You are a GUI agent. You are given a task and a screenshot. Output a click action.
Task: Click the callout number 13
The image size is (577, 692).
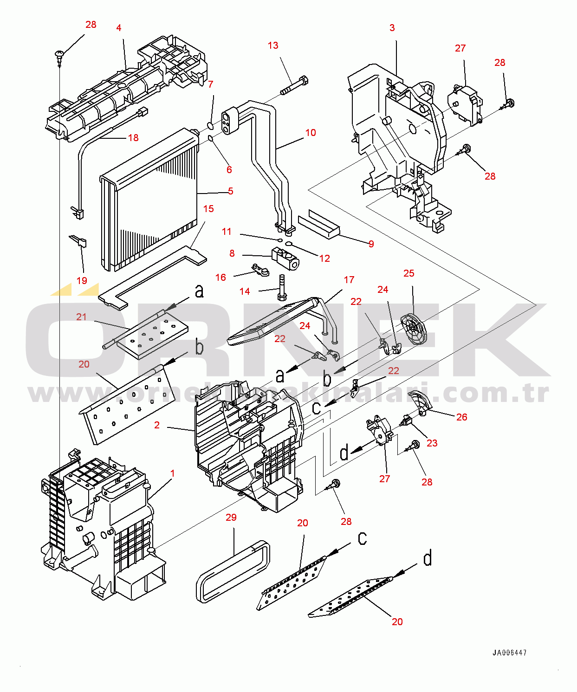pos(273,45)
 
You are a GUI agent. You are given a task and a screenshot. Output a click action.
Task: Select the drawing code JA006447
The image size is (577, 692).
pos(509,653)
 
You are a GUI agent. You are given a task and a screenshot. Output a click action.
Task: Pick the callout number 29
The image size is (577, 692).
pos(231,517)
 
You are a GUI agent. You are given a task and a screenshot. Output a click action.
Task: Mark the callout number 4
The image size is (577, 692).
pos(119,28)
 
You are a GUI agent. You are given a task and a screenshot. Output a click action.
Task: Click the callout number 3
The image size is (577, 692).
pos(392,28)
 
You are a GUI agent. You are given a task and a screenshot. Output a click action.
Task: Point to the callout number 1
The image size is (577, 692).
pos(173,473)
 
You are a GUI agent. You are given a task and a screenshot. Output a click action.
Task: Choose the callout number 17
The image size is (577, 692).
pos(349,280)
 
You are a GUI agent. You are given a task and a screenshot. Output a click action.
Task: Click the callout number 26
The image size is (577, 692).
pos(462,417)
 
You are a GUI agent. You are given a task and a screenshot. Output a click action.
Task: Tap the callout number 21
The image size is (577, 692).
pos(82,317)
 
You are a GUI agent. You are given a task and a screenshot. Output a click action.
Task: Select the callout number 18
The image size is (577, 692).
pos(133,137)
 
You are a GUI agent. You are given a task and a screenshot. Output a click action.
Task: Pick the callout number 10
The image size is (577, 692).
pos(311,133)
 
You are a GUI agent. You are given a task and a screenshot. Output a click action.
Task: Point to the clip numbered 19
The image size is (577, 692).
pos(79,241)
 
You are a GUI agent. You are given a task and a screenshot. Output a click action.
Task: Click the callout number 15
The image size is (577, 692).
pos(208,209)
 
